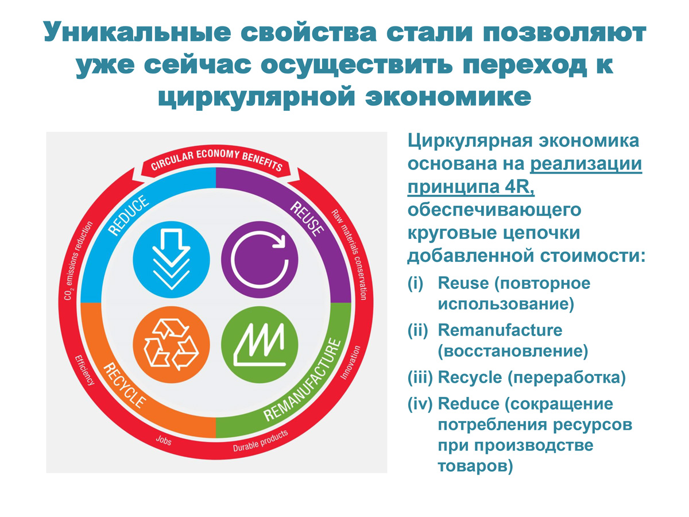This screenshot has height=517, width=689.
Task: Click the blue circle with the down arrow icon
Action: [x=171, y=259]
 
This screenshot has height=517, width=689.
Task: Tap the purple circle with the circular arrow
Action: [x=260, y=259]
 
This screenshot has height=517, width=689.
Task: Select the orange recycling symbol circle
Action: [x=171, y=345]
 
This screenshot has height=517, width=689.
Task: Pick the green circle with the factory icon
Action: [x=260, y=345]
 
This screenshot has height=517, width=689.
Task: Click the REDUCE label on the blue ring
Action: [x=129, y=215]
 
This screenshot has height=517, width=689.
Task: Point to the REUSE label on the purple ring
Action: [x=307, y=218]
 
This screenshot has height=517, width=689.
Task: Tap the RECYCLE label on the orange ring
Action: [x=125, y=385]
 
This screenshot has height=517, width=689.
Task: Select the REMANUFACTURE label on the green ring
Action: [x=302, y=380]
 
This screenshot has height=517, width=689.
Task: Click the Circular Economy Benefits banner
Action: [x=216, y=161]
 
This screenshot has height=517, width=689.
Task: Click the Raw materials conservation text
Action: [x=349, y=254]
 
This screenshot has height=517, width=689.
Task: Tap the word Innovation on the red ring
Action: [x=351, y=362]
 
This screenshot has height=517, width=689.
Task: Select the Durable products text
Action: [x=260, y=441]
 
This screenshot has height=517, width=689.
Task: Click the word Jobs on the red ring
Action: [x=164, y=441]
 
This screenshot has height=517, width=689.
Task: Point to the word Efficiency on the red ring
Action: [x=84, y=371]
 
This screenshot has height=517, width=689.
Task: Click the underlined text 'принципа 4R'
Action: [x=470, y=187]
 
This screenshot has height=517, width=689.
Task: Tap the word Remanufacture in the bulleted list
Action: [x=500, y=330]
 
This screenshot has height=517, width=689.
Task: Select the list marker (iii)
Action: [x=420, y=377]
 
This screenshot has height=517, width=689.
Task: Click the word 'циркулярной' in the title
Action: [x=256, y=97]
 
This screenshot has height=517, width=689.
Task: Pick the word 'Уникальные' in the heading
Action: [x=137, y=32]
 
